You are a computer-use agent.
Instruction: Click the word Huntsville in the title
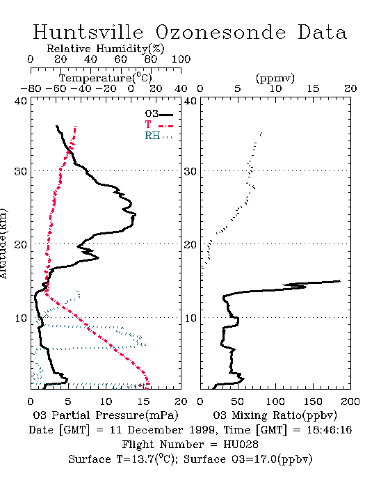point(88,32)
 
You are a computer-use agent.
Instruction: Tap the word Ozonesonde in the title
point(220,32)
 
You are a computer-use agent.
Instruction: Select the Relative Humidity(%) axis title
point(105,49)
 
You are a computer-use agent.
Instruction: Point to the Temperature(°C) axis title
point(106,77)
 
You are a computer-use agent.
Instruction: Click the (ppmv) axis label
point(275,78)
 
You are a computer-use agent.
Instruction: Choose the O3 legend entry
point(159,114)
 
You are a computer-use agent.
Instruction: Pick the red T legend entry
point(159,125)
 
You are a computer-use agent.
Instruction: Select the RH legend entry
point(159,136)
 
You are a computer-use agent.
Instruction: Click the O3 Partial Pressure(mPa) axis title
point(106,415)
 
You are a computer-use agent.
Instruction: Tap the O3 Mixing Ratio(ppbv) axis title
point(275,415)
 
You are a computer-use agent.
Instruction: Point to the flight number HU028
point(241,445)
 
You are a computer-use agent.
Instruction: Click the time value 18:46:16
point(330,430)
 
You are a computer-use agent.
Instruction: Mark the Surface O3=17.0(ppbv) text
point(248,459)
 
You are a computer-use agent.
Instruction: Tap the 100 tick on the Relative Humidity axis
point(181,59)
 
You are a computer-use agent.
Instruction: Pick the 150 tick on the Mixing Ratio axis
point(313,401)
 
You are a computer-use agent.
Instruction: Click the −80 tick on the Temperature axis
point(31,88)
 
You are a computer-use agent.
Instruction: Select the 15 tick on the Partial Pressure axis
point(143,401)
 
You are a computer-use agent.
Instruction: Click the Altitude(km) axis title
point(3,243)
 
